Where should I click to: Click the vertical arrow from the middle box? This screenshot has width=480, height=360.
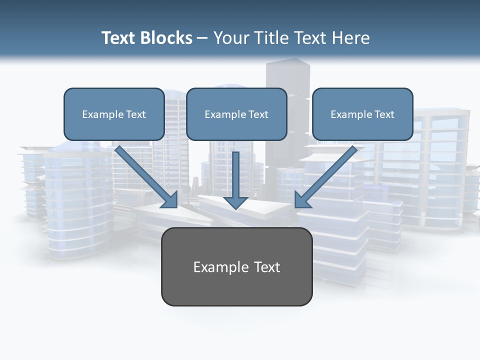click(x=235, y=172)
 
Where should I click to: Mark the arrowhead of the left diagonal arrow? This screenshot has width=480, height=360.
click(x=170, y=199)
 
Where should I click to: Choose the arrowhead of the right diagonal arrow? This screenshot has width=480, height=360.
click(x=302, y=199)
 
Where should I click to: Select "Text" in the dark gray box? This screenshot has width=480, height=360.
click(x=267, y=267)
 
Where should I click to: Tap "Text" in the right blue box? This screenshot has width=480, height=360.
click(x=384, y=114)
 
